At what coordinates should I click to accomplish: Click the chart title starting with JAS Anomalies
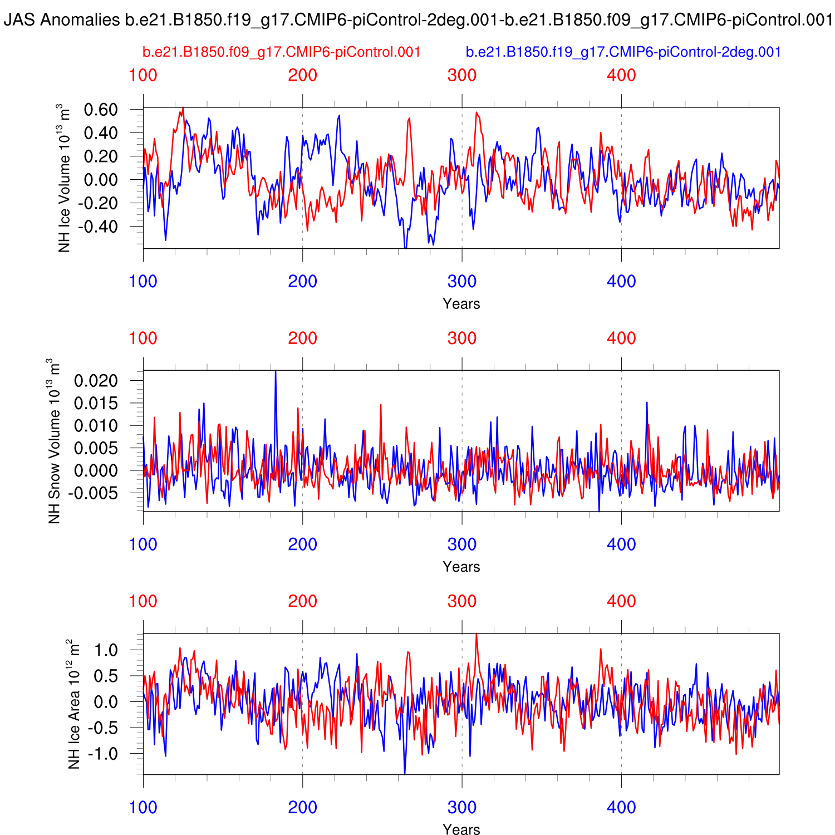[x=417, y=21]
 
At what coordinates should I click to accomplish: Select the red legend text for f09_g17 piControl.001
[x=281, y=52]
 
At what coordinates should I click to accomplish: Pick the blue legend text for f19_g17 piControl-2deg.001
[x=623, y=52]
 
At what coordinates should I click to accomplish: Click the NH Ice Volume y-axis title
[x=66, y=178]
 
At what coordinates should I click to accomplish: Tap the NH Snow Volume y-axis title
[x=55, y=441]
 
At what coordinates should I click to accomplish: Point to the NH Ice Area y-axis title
[x=75, y=704]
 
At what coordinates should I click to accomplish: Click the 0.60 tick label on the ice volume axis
[x=101, y=110]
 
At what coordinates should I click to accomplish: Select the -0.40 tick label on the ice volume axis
[x=98, y=227]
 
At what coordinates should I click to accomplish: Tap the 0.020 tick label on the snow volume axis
[x=96, y=381]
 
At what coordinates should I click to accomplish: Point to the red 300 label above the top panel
[x=462, y=75]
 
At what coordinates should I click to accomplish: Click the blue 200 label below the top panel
[x=302, y=281]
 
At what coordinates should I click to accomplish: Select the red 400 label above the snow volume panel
[x=621, y=338]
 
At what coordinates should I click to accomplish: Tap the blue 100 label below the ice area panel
[x=143, y=807]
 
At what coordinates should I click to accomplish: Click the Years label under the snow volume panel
[x=461, y=567]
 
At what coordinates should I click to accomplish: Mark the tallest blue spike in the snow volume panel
[x=276, y=372]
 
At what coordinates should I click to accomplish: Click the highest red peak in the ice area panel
[x=476, y=635]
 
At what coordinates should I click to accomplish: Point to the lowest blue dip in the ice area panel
[x=404, y=773]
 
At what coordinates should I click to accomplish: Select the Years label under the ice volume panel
[x=461, y=304]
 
